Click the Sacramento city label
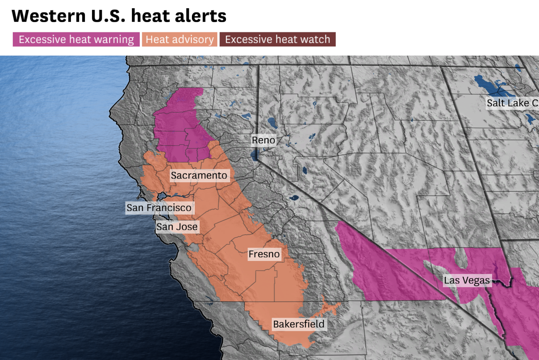[199, 176]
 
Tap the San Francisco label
[159, 208]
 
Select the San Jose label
[177, 227]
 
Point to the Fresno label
[264, 254]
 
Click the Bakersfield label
[299, 324]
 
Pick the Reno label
[263, 140]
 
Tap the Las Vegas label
[467, 280]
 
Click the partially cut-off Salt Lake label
[512, 103]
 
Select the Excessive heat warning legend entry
[76, 40]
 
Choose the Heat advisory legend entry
[180, 40]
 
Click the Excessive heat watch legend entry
[277, 40]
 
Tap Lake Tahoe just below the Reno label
[254, 155]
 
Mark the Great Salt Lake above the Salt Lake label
[489, 85]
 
